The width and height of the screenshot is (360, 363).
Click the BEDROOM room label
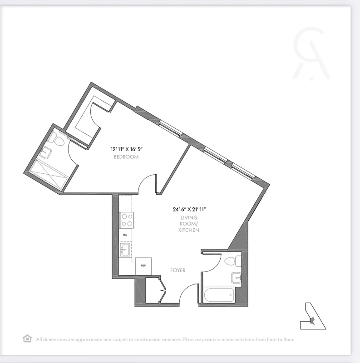pos(126,157)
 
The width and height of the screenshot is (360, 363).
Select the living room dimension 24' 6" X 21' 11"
pos(189,210)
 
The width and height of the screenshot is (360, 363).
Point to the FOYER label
pos(178,270)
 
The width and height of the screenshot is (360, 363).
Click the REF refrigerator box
pos(143,266)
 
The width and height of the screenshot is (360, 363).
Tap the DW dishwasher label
pos(125,235)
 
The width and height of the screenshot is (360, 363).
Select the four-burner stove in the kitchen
pos(126,221)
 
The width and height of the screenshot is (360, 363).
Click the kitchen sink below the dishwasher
pos(125,249)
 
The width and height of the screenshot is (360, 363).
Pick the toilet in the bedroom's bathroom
pos(58,138)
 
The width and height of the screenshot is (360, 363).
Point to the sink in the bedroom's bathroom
pos(45,153)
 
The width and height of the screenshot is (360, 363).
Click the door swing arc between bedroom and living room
pos(146,182)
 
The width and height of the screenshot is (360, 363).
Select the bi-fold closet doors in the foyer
pos(163,290)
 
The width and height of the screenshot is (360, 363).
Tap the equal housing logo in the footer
pos(27,338)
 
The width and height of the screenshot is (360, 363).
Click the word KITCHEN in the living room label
pos(189,231)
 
